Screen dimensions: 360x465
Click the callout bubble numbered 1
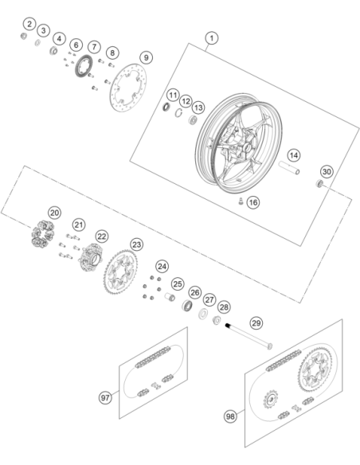coord(212,38)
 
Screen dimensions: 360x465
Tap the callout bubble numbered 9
coord(146,57)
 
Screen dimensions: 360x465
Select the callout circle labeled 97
coord(105,397)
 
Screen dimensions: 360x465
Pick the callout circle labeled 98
coord(230,416)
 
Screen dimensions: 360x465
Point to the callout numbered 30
coord(327,172)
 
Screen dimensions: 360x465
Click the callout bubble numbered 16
coord(253,202)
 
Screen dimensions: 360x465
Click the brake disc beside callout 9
coord(128,88)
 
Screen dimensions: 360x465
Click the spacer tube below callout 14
coord(289,168)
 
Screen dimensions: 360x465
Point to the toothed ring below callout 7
coord(84,66)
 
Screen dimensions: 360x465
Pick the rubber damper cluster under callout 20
coord(43,233)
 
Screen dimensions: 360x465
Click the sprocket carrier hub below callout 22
coord(91,257)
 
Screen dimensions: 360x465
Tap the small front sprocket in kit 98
coord(271,399)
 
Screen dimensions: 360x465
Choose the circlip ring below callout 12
coord(178,113)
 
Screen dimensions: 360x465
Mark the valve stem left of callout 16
coord(241,201)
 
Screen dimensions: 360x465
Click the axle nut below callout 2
coord(24,36)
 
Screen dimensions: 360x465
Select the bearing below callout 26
coord(187,306)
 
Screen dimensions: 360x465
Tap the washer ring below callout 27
coord(203,314)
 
